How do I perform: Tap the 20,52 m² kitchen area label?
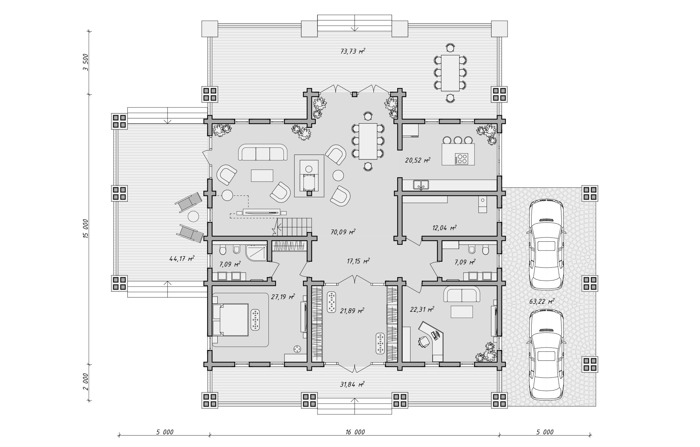point(418,160)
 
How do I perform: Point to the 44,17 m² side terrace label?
point(182,259)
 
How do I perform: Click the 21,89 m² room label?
point(352,310)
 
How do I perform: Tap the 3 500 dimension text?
point(86,63)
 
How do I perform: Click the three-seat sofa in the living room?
point(263,152)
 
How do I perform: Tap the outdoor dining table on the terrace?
point(450,73)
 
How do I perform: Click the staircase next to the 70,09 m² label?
point(294,227)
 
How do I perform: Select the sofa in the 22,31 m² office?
point(462,294)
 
